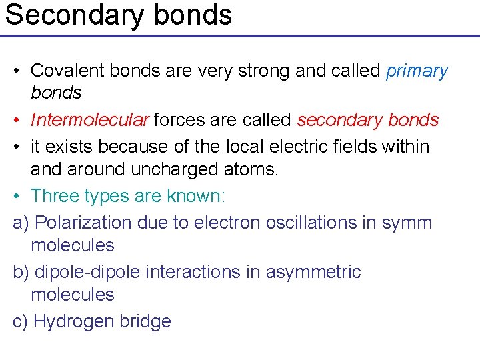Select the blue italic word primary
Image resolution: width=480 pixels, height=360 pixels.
[417, 71]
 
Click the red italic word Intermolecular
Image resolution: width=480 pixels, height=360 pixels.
[90, 120]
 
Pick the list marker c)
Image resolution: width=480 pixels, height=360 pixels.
[20, 321]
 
